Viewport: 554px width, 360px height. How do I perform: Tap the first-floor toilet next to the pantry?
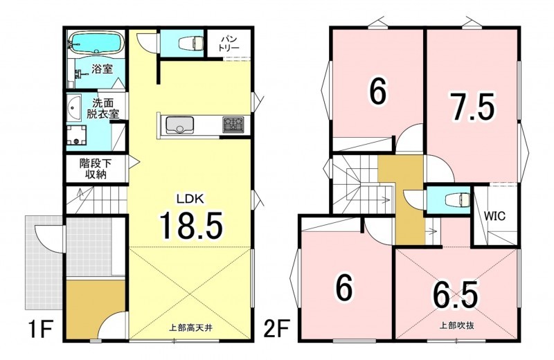click(x=192, y=43)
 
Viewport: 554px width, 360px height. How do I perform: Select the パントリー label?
click(x=229, y=43)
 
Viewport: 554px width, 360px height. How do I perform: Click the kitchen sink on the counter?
click(x=179, y=125)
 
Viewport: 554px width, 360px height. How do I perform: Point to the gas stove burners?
click(x=233, y=125)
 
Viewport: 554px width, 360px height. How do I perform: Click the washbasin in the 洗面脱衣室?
click(x=73, y=107)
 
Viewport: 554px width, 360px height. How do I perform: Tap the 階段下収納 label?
click(x=96, y=168)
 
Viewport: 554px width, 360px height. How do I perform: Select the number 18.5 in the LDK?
click(x=191, y=225)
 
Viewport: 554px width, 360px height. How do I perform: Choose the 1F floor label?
click(x=39, y=329)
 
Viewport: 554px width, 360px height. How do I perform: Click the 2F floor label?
click(x=276, y=329)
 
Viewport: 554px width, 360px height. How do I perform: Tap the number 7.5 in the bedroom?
click(x=472, y=106)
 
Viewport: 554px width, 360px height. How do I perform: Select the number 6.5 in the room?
click(x=456, y=295)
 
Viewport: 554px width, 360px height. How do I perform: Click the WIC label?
click(x=494, y=215)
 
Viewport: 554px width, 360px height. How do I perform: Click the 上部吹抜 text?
click(x=457, y=325)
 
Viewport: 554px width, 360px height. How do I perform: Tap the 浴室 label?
click(x=102, y=69)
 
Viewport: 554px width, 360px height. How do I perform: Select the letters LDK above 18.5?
click(x=190, y=199)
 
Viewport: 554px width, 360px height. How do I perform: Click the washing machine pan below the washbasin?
click(x=76, y=134)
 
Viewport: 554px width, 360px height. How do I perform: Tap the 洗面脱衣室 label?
click(x=102, y=108)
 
